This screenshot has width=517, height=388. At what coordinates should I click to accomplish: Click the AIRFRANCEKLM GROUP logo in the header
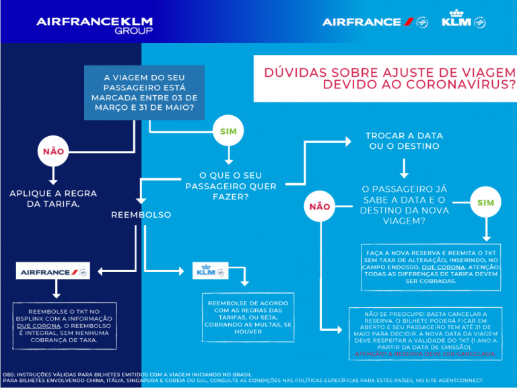click(x=95, y=25)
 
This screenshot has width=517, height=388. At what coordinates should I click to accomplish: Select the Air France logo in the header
click(x=374, y=22)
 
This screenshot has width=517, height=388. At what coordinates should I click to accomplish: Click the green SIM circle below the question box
click(x=229, y=131)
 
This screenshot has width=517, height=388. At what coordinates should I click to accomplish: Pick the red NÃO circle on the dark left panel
click(x=53, y=151)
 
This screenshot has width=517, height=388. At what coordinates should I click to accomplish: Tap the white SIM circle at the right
click(x=485, y=203)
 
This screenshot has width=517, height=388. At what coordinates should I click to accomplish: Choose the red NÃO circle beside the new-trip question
click(x=320, y=207)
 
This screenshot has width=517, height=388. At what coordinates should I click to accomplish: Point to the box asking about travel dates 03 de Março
click(x=144, y=92)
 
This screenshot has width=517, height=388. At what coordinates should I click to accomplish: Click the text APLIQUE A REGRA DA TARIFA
click(x=53, y=198)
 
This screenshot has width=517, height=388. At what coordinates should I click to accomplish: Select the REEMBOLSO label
click(x=141, y=215)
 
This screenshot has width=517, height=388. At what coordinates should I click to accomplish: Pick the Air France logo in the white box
click(x=53, y=271)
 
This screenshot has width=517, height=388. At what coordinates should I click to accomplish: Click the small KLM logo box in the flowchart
click(x=210, y=271)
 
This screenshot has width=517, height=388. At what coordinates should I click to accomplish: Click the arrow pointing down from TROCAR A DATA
click(x=404, y=168)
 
